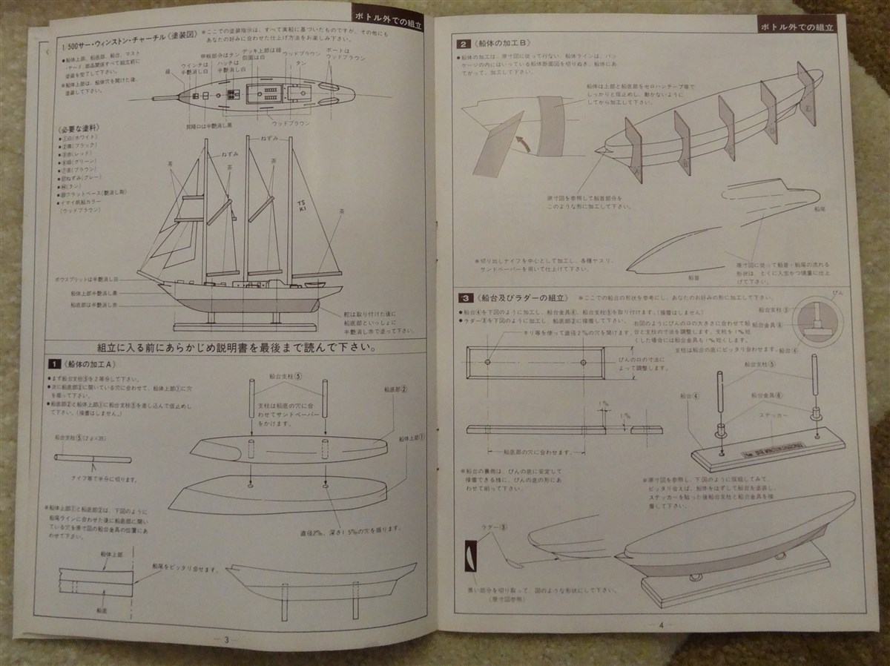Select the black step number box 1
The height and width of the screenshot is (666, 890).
(54, 364)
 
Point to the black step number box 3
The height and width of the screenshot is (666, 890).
(464, 298)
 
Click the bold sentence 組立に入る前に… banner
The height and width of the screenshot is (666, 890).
(236, 347)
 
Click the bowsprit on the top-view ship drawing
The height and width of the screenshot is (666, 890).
(167, 96)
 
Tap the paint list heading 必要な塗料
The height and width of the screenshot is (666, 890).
(76, 128)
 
